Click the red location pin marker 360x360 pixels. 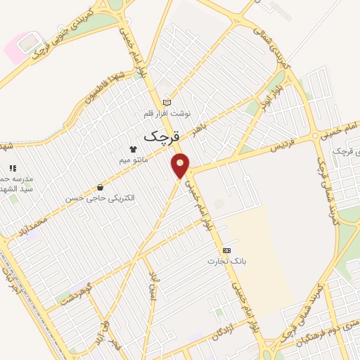point(181,165)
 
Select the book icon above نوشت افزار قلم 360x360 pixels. point(167,102)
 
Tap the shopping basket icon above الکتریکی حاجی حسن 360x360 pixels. point(100,188)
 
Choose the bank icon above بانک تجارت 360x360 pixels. point(226,250)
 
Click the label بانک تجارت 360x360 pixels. point(224,262)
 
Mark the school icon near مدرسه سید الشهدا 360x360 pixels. point(12,168)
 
